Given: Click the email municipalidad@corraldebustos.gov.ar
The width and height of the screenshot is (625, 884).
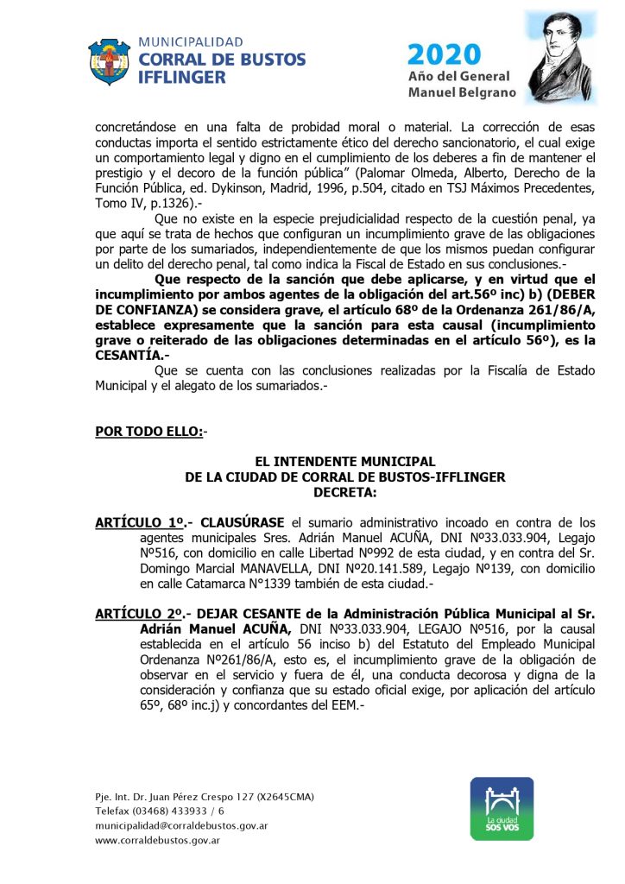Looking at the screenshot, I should pyautogui.click(x=180, y=825).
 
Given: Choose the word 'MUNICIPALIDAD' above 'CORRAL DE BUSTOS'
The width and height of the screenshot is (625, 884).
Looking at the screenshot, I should pyautogui.click(x=190, y=41).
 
